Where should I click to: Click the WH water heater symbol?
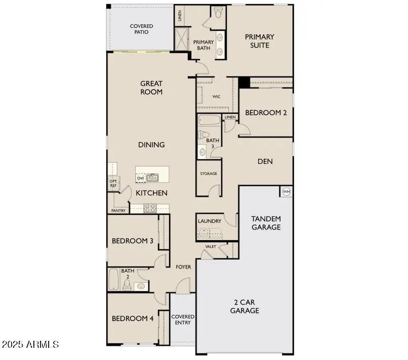[x=286, y=192]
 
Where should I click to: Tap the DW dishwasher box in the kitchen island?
[x=141, y=178]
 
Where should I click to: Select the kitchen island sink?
[x=152, y=177]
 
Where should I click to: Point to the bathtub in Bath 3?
[x=209, y=121]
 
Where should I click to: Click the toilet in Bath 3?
[x=203, y=135]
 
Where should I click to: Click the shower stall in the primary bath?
[x=181, y=38]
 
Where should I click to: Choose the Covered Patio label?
[x=141, y=29]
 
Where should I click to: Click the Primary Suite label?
[x=259, y=41]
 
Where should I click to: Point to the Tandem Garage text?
[x=266, y=223]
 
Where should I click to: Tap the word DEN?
[x=265, y=162]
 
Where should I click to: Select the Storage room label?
[x=208, y=173]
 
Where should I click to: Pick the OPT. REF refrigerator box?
[x=113, y=183]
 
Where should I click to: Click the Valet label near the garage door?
[x=211, y=247]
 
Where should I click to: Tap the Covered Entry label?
[x=182, y=320]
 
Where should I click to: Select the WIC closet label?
[x=216, y=97]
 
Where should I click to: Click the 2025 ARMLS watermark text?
[x=30, y=344]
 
